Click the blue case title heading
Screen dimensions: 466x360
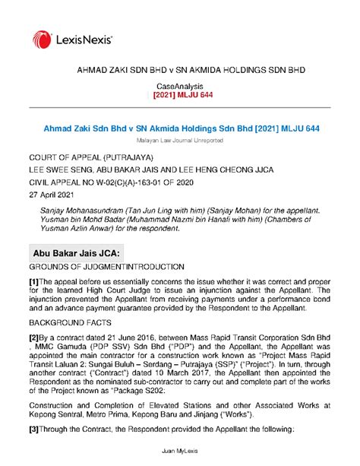tap(179, 130)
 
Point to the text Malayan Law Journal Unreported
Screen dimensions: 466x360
tap(179, 142)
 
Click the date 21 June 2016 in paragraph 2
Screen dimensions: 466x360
tap(122, 337)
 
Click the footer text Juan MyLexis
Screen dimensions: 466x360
tap(179, 452)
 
